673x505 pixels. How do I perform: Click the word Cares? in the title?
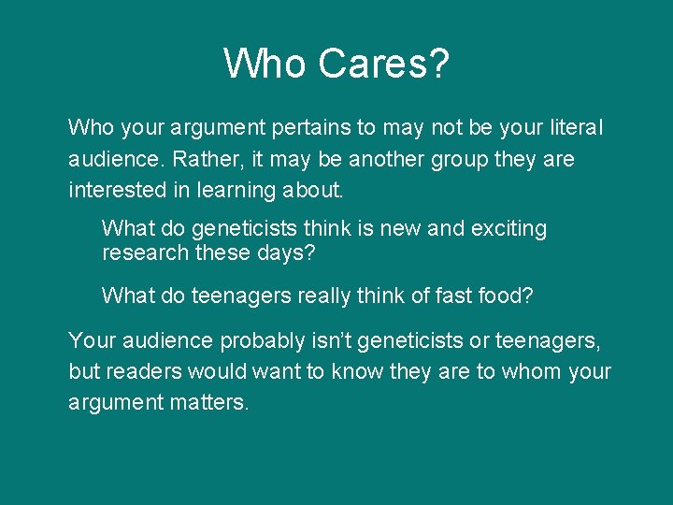(383, 65)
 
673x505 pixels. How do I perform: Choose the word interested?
(117, 191)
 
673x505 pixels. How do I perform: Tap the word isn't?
(309, 341)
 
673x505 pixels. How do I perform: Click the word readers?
(144, 371)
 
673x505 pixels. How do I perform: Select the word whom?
(531, 371)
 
